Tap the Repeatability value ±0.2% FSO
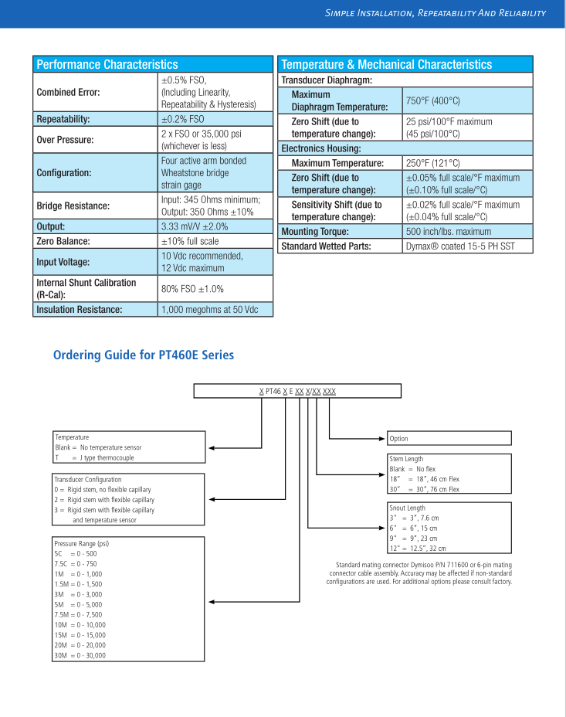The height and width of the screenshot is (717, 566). pyautogui.click(x=183, y=120)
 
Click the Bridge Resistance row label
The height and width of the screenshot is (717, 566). pyautogui.click(x=73, y=206)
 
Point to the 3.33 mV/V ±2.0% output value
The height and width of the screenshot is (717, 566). pyautogui.click(x=194, y=227)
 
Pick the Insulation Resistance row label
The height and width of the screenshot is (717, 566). pyautogui.click(x=80, y=310)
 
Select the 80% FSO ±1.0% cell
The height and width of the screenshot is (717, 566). pyautogui.click(x=192, y=289)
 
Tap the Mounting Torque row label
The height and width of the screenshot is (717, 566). pyautogui.click(x=314, y=232)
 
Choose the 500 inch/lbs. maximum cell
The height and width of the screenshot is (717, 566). pyautogui.click(x=448, y=232)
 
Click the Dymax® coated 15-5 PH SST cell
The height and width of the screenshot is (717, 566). pyautogui.click(x=459, y=246)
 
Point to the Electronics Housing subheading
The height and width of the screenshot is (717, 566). pyautogui.click(x=320, y=148)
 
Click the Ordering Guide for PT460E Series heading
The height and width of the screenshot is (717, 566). pyautogui.click(x=143, y=355)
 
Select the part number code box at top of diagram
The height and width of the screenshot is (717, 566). pyautogui.click(x=297, y=391)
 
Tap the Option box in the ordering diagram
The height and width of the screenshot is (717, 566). pyautogui.click(x=449, y=439)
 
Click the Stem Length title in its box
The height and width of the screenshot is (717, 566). pyautogui.click(x=406, y=459)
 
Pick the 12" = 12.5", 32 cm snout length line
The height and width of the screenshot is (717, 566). pyautogui.click(x=417, y=548)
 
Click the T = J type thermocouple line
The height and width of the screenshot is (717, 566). pyautogui.click(x=94, y=457)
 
